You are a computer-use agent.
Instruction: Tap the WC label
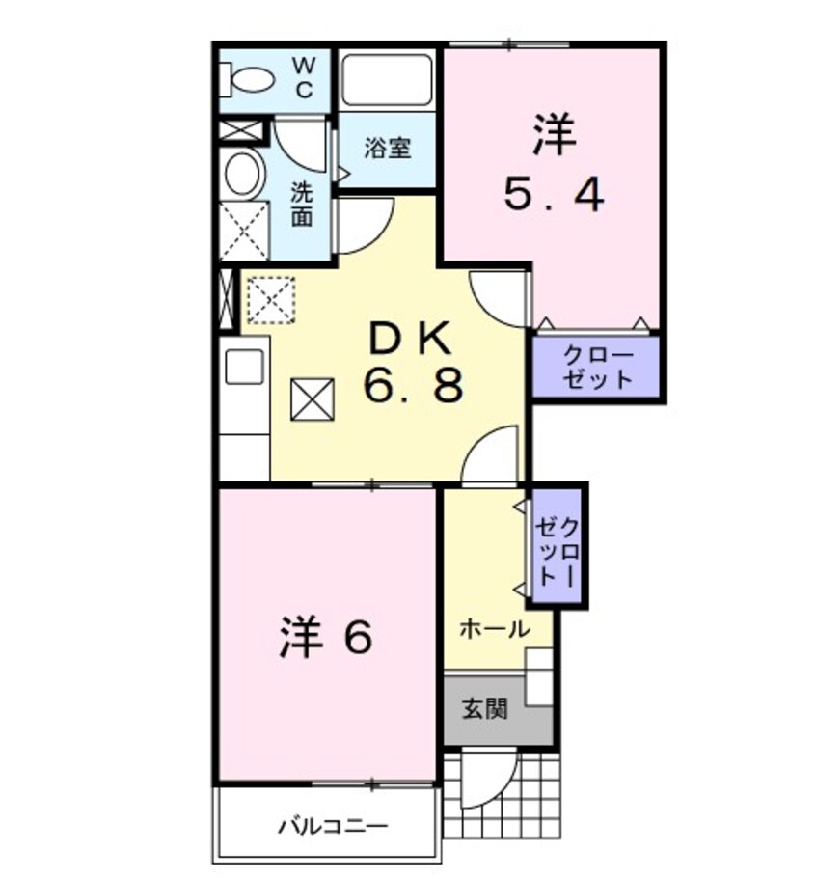coord(303,77)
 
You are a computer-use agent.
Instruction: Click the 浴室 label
coord(388,149)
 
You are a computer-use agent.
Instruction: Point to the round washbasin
coord(242,174)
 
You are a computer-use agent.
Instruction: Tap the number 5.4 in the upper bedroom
coord(554,196)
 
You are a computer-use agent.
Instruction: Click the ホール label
coord(493,629)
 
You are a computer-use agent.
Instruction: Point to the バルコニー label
coord(333,826)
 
